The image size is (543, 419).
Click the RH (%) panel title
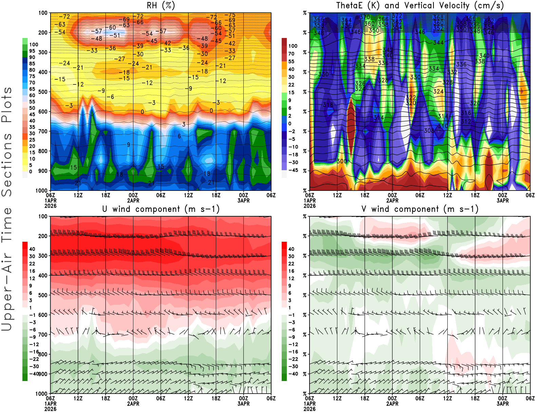click(x=161, y=5)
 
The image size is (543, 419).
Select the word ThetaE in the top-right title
click(x=350, y=5)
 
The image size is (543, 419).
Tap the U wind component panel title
click(x=161, y=209)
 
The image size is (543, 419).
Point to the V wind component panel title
click(x=420, y=209)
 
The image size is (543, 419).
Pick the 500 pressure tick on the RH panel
click(x=43, y=92)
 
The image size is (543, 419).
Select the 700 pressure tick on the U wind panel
click(x=43, y=335)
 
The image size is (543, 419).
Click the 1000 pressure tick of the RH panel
click(x=41, y=191)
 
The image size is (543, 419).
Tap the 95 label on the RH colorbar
click(x=32, y=51)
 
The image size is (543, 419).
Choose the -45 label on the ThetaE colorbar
click(x=293, y=170)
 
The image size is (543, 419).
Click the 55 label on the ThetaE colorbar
click(x=291, y=61)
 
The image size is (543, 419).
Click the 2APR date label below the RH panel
click(x=133, y=200)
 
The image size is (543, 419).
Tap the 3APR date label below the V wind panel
click(x=503, y=404)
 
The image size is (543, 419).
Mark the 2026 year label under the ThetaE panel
click(x=310, y=206)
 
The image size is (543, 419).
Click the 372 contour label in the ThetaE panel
click(x=397, y=16)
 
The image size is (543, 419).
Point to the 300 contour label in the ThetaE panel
click(x=342, y=161)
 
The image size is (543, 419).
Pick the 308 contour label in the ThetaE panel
click(x=429, y=131)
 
